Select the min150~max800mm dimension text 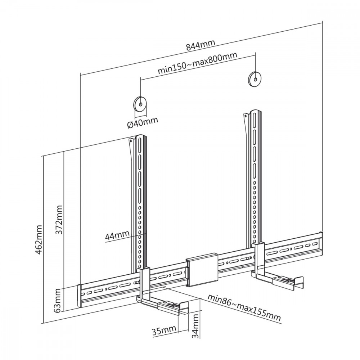coord(197,63)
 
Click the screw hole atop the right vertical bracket coord(246,116)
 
